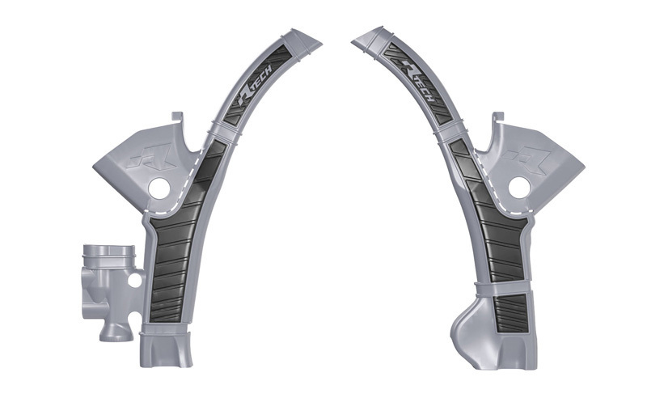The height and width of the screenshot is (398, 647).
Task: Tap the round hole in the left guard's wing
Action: [159, 188]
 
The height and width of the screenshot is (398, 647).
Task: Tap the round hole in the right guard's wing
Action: [517, 188]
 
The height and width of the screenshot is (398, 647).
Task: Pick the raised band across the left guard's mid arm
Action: [222, 133]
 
